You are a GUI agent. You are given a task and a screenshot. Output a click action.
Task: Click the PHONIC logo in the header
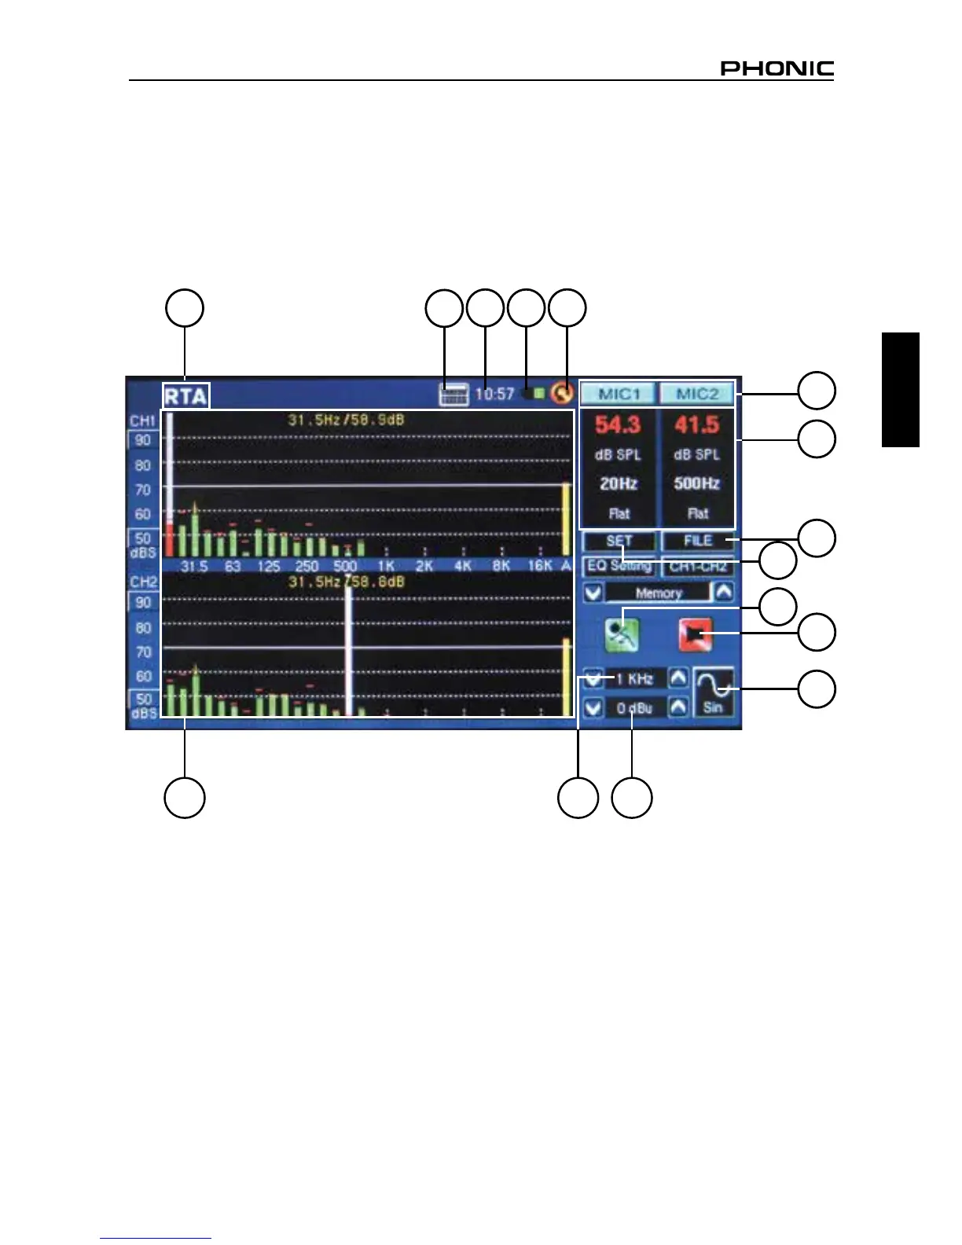(777, 68)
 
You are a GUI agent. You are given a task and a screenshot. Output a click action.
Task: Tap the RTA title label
(185, 395)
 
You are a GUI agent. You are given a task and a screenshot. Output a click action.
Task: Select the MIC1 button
(619, 393)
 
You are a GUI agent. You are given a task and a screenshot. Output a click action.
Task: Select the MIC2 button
(697, 393)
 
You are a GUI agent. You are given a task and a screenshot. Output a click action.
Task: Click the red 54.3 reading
(618, 425)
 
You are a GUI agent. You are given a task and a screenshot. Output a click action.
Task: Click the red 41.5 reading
(697, 425)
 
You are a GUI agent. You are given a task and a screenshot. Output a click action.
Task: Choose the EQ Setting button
(619, 566)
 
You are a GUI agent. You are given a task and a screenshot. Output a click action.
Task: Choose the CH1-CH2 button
(698, 567)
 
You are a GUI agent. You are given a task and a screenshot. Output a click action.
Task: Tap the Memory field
(659, 593)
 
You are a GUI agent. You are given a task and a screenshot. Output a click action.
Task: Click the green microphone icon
(622, 634)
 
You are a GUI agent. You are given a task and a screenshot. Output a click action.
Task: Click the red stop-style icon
(696, 634)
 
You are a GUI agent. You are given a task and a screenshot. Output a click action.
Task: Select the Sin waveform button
(714, 692)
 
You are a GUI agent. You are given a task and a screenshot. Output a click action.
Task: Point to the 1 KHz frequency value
(635, 678)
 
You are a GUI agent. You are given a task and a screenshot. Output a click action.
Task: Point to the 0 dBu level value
(635, 708)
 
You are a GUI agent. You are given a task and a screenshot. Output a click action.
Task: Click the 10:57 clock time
(494, 394)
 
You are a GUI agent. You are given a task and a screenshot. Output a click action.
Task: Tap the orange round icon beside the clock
(561, 392)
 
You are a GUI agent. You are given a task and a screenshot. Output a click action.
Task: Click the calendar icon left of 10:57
(453, 394)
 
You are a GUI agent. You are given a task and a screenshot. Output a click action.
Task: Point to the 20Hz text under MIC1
(619, 484)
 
